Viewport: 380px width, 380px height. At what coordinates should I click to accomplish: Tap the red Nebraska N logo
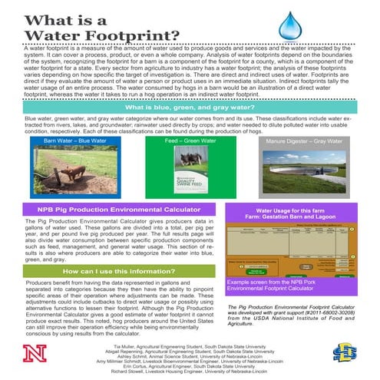point(34,353)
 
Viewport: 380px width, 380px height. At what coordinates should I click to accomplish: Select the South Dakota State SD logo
point(343,353)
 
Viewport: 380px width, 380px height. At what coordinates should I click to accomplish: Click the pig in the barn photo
point(58,169)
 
